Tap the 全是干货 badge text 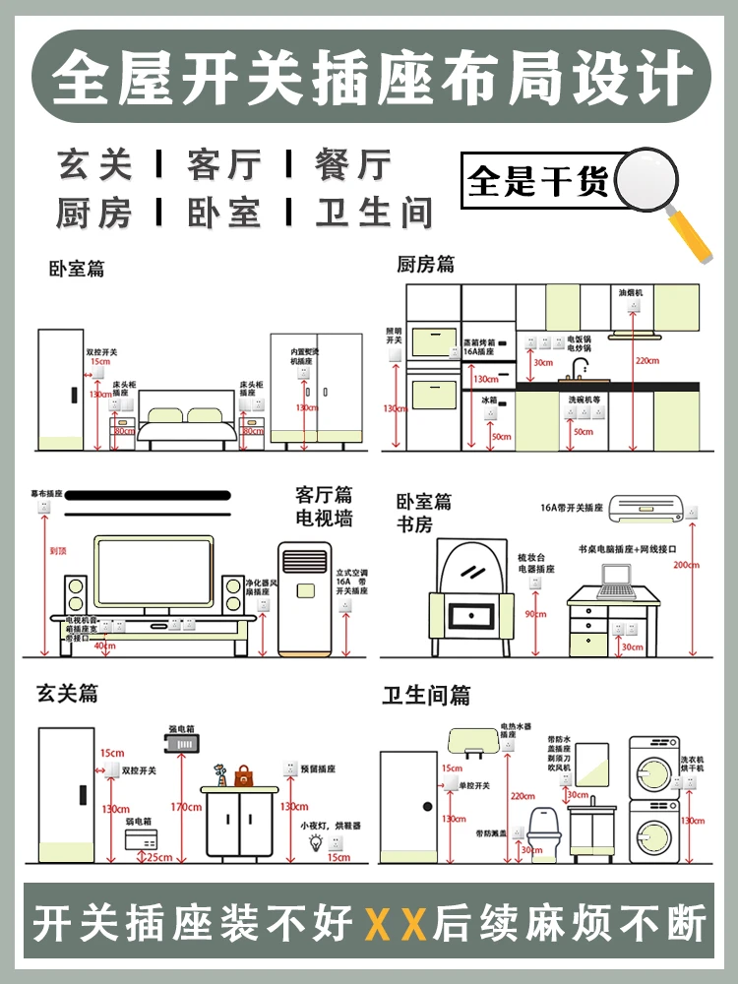coord(538,182)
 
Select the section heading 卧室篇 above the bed coord(77,268)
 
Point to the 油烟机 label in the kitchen coord(630,293)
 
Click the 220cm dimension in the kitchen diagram coord(646,360)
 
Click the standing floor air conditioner coord(304,596)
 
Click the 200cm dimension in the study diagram coord(687,565)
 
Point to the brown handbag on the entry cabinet coord(243,776)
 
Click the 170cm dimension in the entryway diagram coord(184,808)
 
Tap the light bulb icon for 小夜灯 coord(317,842)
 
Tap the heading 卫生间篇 coord(426,696)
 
